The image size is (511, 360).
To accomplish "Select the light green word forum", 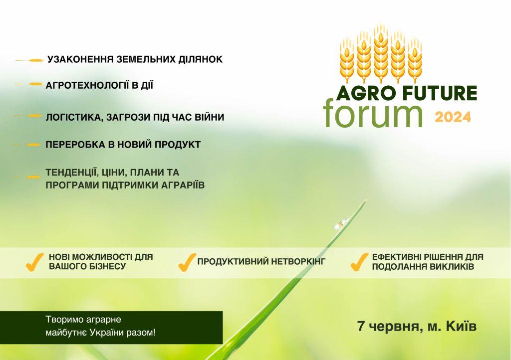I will click(374, 112).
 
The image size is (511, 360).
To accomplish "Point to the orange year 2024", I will click(453, 117).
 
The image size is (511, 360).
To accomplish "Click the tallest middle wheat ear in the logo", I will click(381, 50).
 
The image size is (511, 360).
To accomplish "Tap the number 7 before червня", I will click(360, 327).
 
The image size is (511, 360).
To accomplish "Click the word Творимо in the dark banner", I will click(62, 319).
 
